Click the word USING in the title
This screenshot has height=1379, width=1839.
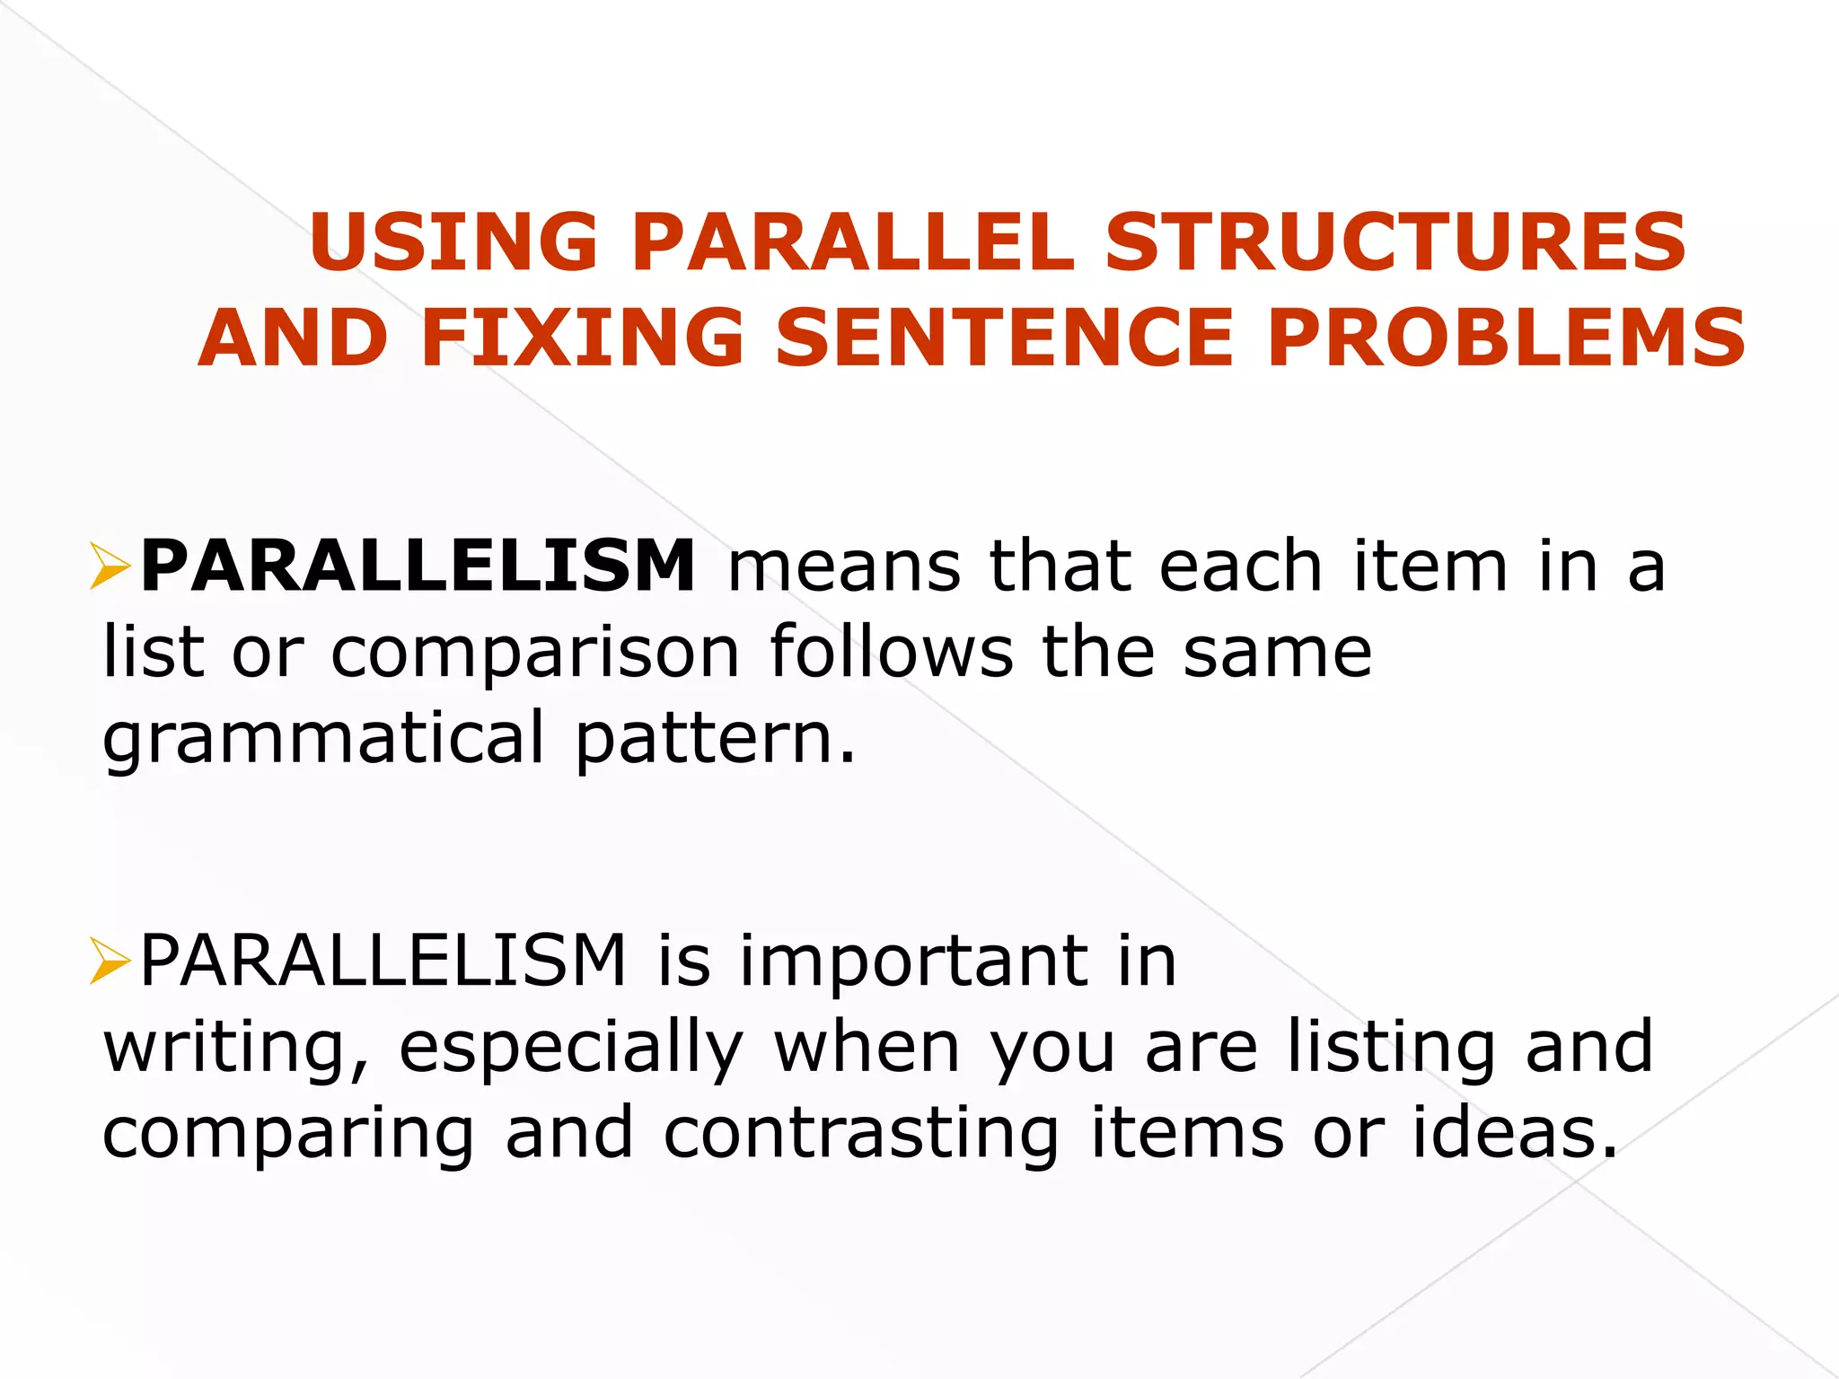pyautogui.click(x=453, y=242)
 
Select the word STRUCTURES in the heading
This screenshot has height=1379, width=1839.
pyautogui.click(x=1396, y=242)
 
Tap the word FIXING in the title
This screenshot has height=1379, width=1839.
pyautogui.click(x=582, y=338)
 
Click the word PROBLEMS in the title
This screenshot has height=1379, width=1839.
pyautogui.click(x=1507, y=338)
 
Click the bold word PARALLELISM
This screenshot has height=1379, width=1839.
pyautogui.click(x=418, y=566)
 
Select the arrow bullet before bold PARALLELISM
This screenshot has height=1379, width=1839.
pyautogui.click(x=110, y=567)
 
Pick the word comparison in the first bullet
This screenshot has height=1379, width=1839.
pyautogui.click(x=535, y=653)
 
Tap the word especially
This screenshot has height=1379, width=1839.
pyautogui.click(x=571, y=1048)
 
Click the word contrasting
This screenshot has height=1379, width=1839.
pyautogui.click(x=861, y=1133)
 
